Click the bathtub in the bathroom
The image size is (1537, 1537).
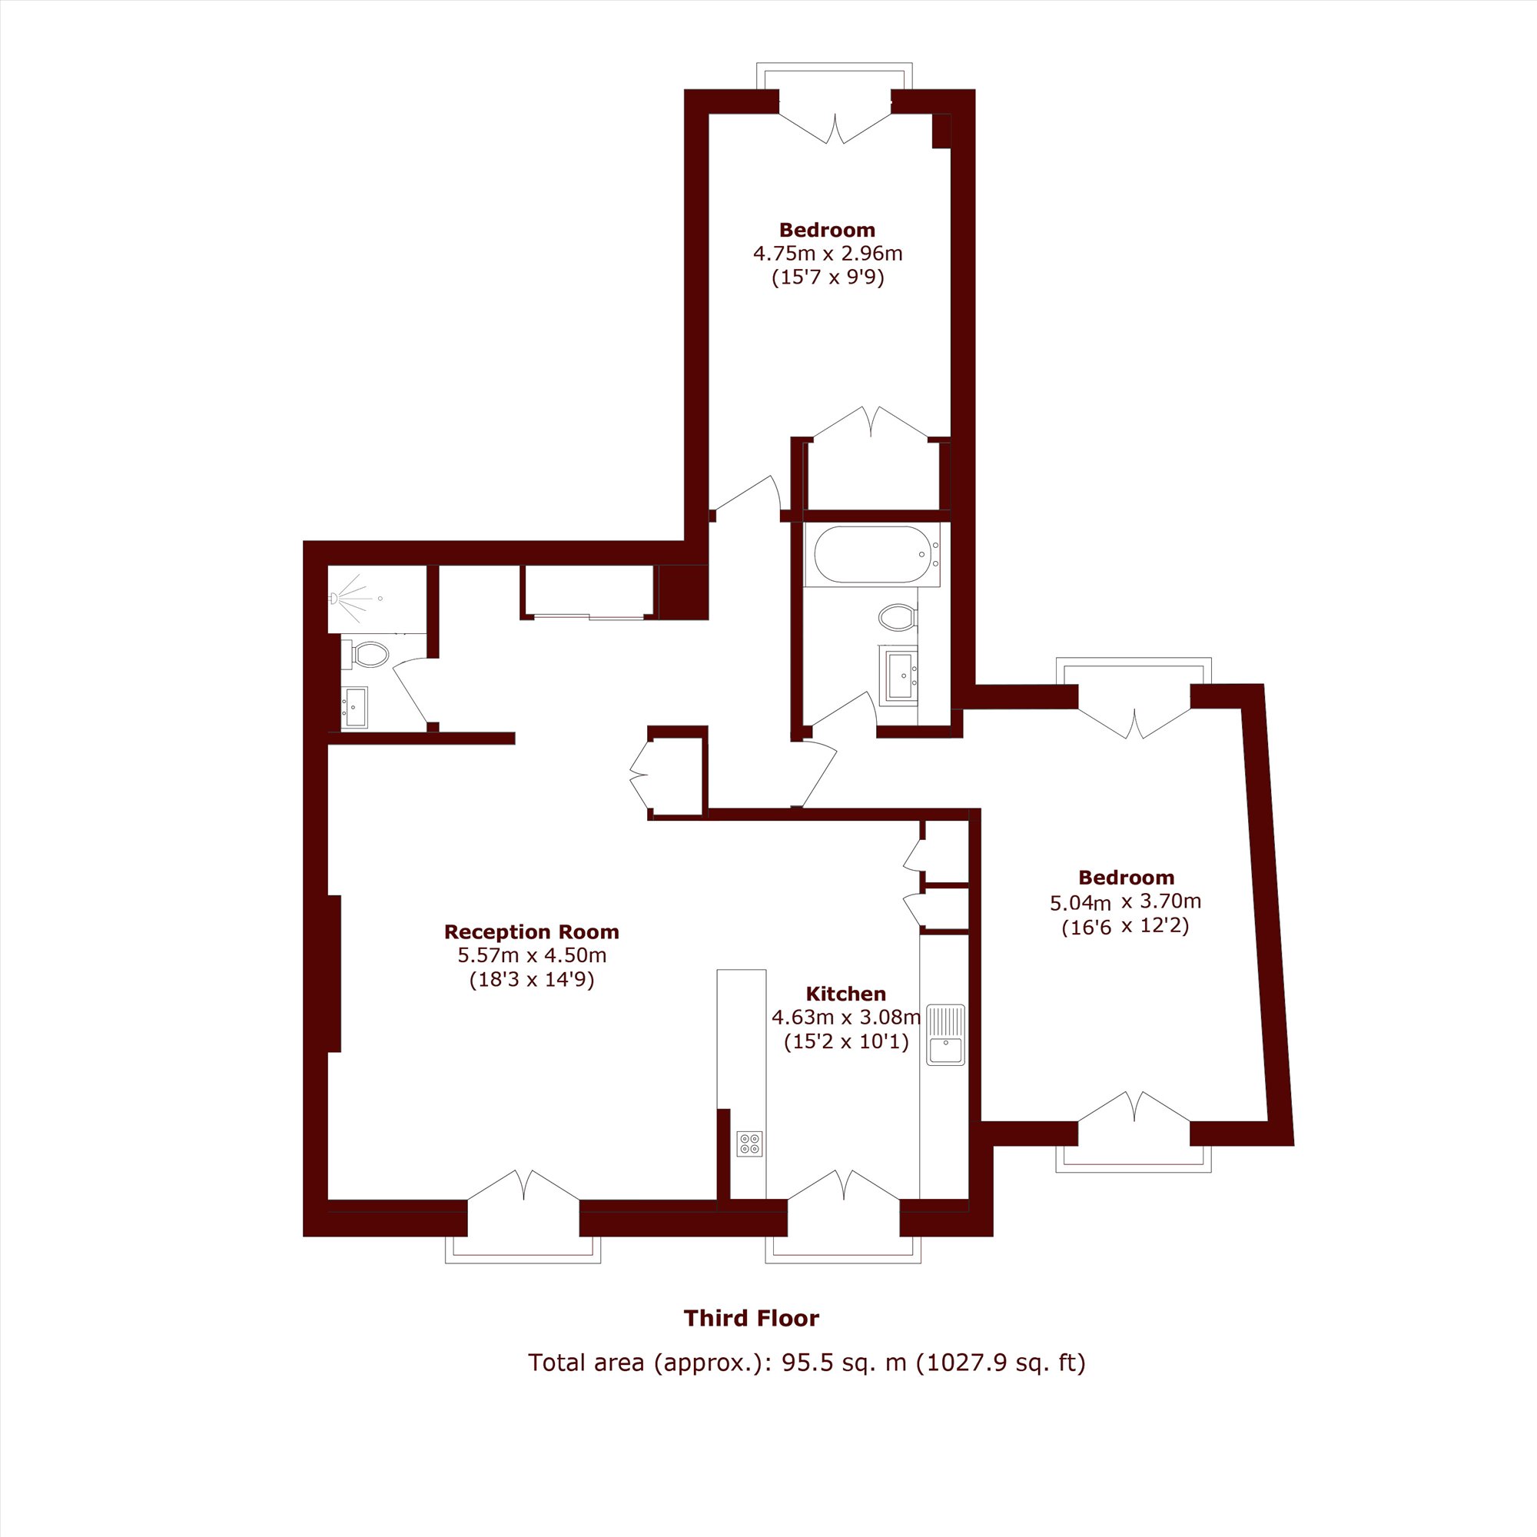coord(872,555)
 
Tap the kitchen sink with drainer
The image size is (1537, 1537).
coord(945,1035)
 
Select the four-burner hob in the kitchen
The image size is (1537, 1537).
coord(749,1144)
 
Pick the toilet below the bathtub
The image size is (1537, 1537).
coord(898,616)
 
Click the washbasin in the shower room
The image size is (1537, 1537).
coord(355,707)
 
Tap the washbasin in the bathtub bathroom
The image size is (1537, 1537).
coord(901,676)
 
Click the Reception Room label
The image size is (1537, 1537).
coord(532,931)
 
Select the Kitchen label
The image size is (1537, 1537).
coord(845,994)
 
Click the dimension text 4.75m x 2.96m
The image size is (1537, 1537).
coord(828,254)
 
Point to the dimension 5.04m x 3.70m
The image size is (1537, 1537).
coord(1126,902)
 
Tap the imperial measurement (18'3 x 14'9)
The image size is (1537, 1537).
coord(533,979)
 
